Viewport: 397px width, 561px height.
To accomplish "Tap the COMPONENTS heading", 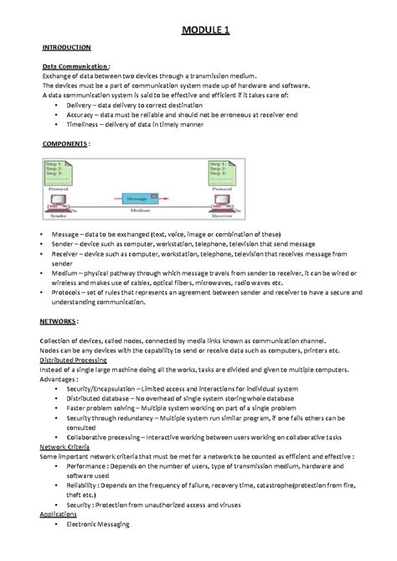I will pyautogui.click(x=63, y=143).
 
